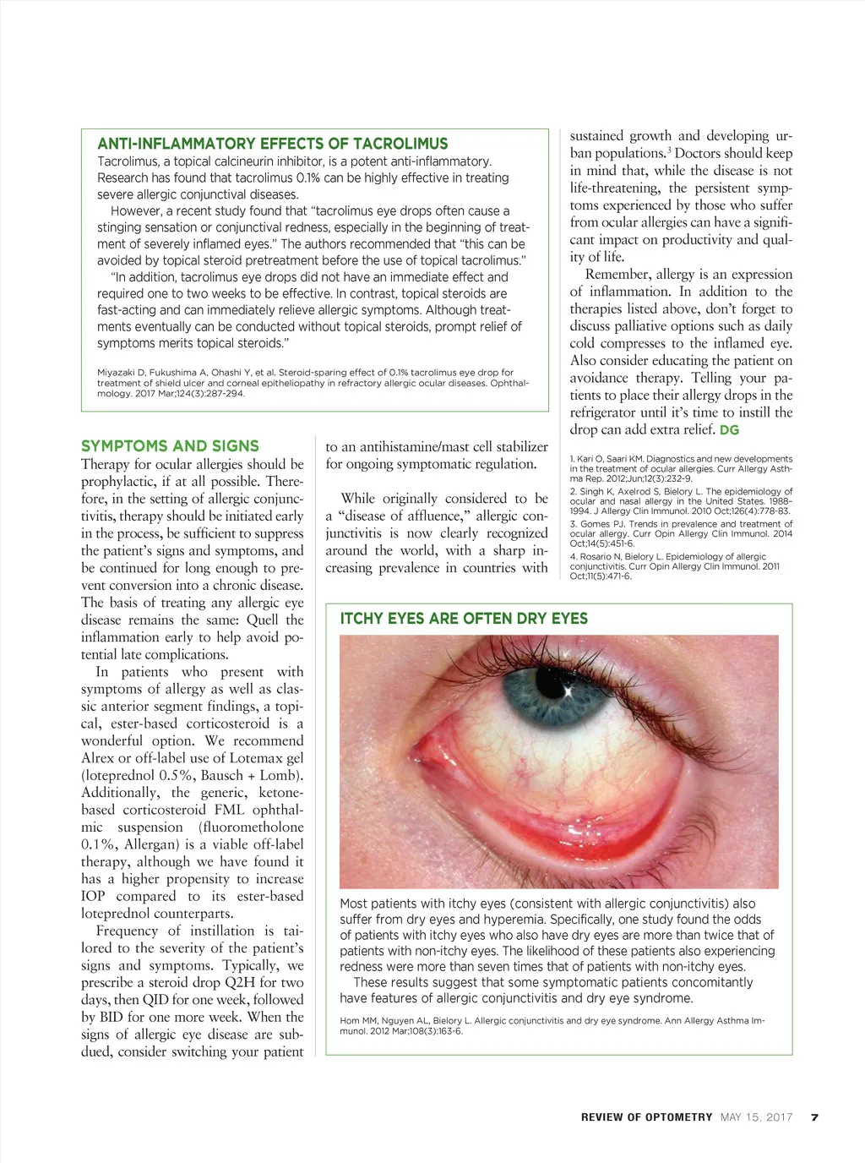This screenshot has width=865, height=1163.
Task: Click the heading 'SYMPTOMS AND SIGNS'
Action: click(x=170, y=445)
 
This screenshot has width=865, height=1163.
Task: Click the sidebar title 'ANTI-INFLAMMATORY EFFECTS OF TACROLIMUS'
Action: click(x=272, y=144)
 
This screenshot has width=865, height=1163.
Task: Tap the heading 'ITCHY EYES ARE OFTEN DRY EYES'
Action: click(x=464, y=619)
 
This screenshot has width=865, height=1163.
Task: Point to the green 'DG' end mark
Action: click(x=729, y=430)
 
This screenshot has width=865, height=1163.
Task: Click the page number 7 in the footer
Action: click(x=814, y=1117)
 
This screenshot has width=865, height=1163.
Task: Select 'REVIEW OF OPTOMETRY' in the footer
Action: click(x=646, y=1117)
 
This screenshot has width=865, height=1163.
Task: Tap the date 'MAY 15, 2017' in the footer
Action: click(x=757, y=1117)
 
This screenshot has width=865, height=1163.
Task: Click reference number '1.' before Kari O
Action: click(x=573, y=459)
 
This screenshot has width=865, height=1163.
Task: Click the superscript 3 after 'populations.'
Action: click(x=669, y=150)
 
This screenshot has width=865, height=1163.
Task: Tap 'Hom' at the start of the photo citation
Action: click(x=350, y=1020)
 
